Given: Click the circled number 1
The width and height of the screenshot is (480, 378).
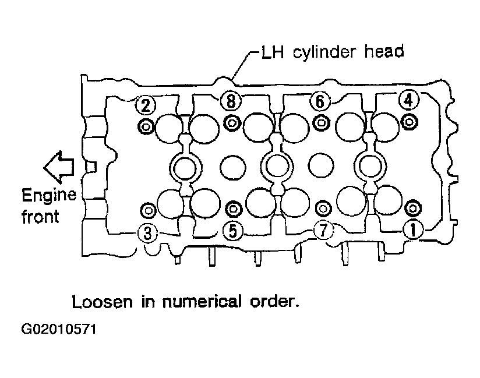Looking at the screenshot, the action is (x=413, y=230).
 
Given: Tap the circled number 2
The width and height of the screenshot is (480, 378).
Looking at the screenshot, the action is (x=146, y=105).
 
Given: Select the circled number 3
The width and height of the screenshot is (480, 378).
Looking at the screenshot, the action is (x=147, y=233).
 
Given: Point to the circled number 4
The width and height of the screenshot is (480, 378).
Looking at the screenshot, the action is (x=409, y=100).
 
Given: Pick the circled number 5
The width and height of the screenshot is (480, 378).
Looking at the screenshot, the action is (x=232, y=231).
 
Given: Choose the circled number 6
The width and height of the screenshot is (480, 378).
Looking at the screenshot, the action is (x=320, y=101).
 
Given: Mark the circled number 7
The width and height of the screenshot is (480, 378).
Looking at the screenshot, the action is (x=323, y=229).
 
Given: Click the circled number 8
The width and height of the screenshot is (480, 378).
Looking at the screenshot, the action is (x=231, y=100).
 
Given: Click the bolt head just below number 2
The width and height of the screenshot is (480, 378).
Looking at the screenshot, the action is (x=146, y=126).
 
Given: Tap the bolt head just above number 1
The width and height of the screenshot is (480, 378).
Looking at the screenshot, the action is (x=412, y=209).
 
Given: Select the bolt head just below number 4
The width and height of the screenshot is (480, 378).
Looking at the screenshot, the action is (x=410, y=122).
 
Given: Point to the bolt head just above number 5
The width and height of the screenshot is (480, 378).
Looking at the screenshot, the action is (x=233, y=209).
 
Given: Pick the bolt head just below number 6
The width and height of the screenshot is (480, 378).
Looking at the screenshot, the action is (x=321, y=123).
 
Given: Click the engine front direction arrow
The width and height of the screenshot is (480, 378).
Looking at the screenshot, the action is (x=59, y=167).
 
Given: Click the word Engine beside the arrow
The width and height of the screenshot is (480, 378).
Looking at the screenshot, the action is (x=49, y=196).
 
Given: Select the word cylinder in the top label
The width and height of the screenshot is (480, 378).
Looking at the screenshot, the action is (x=325, y=52).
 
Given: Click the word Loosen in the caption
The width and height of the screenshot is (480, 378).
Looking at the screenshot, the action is (x=103, y=302).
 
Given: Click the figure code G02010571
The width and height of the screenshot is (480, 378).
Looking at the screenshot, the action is (x=59, y=329).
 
